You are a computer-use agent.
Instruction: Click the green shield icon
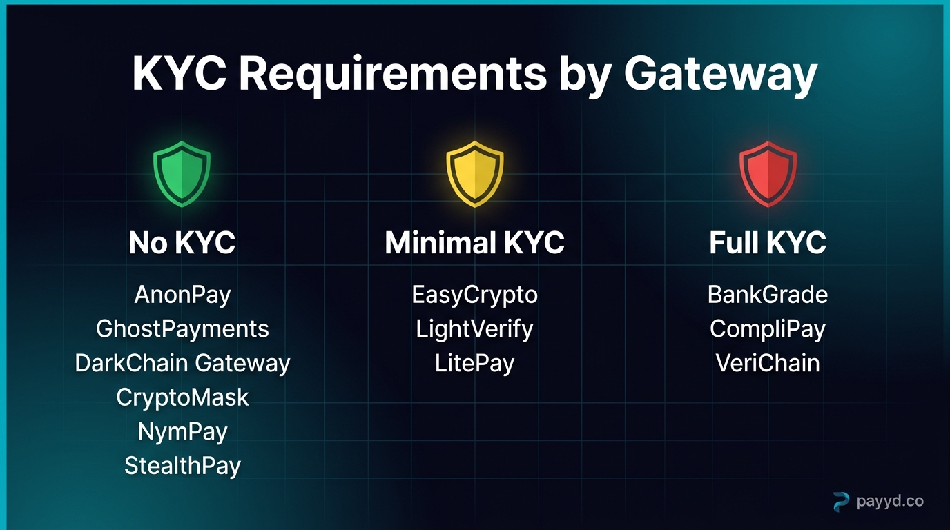coord(182,173)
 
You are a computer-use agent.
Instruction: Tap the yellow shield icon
coord(475,173)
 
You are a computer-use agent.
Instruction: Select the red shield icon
coord(768,173)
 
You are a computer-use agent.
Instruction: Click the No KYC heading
coord(182,243)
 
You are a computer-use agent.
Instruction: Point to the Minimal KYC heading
coord(475,243)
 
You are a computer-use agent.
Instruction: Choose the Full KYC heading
coord(768,243)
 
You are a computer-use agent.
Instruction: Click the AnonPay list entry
coord(182,295)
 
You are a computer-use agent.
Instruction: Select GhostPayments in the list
coord(182,328)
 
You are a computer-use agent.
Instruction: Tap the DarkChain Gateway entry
coord(182,363)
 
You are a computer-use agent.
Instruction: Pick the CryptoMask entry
coord(182,397)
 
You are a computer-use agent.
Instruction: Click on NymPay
coord(182,432)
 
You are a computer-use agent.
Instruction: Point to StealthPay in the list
coord(182,466)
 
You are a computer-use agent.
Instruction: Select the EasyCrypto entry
coord(475,295)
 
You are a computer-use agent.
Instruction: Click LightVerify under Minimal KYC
coord(475,328)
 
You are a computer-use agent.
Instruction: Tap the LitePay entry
coord(475,363)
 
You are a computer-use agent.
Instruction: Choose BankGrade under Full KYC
coord(768,295)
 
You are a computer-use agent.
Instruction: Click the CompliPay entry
coord(768,328)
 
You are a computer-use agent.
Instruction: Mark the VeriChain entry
coord(768,363)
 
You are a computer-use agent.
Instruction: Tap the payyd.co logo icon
coord(841,502)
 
